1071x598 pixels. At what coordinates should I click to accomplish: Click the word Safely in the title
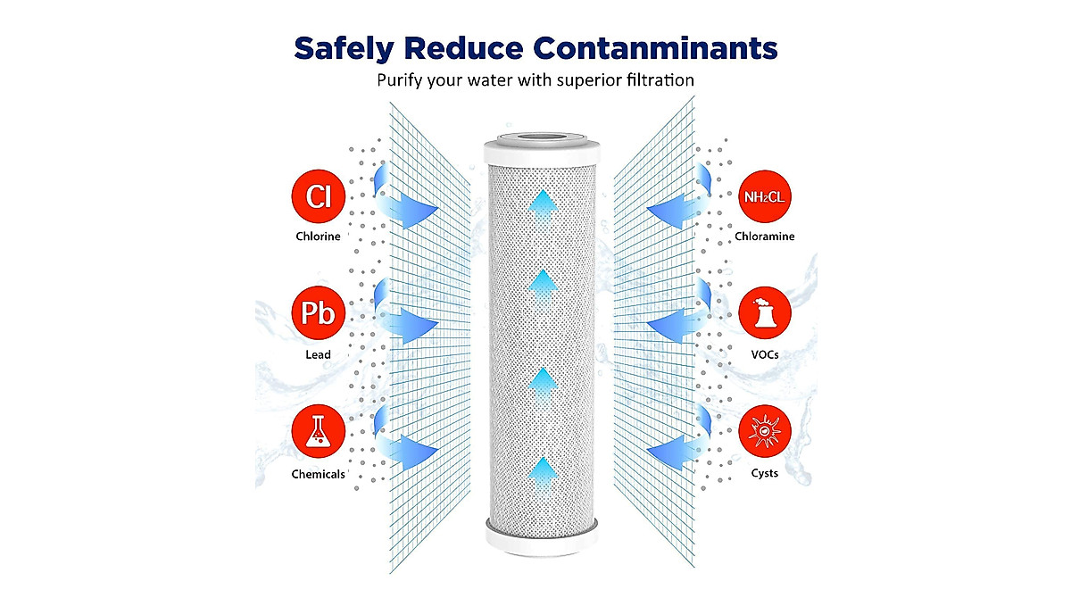345,49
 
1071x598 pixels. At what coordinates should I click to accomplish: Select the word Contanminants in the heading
655,48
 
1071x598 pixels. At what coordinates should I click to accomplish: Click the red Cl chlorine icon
319,196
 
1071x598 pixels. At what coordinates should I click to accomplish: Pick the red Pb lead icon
319,312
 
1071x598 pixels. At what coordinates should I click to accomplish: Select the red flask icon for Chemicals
319,431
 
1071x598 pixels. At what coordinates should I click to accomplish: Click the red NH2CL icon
765,196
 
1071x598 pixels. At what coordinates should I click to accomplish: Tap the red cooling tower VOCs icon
765,312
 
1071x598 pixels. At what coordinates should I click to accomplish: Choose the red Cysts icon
765,431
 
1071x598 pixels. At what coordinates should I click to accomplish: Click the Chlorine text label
318,237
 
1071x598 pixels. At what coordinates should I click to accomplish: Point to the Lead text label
318,354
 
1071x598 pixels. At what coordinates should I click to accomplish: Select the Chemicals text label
318,474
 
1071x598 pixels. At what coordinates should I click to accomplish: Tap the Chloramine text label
765,237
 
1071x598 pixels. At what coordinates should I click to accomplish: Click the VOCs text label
765,354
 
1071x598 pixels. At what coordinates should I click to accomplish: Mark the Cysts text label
765,473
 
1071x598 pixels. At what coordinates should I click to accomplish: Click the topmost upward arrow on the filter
544,208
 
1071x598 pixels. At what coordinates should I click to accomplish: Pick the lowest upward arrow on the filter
544,475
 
